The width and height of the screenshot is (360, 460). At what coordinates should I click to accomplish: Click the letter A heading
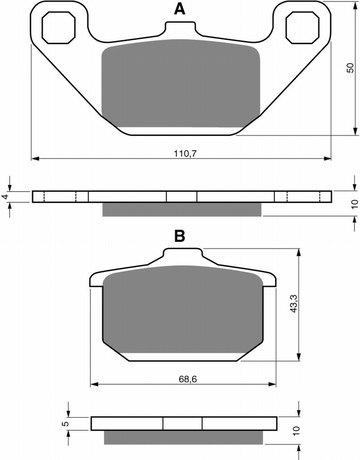pos(180,10)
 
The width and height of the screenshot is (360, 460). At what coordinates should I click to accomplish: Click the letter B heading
pos(180,236)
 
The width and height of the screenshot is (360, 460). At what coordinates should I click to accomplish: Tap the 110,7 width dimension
pos(185,153)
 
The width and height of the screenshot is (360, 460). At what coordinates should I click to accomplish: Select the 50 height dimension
pos(350,68)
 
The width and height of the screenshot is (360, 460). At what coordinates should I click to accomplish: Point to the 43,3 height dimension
pos(294,304)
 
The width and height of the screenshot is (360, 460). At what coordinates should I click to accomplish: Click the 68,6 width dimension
pos(188,379)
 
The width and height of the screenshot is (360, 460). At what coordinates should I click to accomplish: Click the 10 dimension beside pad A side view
pos(355,204)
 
